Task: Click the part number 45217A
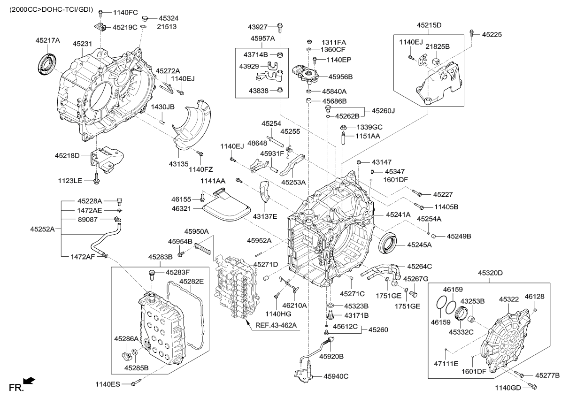(48, 40)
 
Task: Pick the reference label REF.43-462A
(277, 325)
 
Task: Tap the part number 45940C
(336, 375)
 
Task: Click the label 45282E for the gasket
(190, 281)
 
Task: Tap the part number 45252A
(42, 229)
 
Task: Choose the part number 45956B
(340, 76)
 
